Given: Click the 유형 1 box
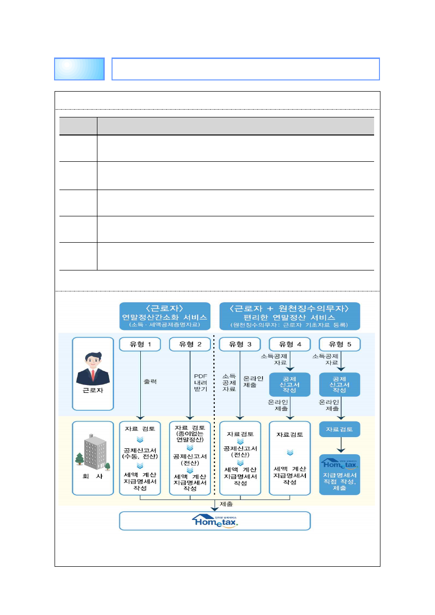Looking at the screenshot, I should pos(140,344).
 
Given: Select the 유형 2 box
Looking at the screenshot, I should pos(190,344).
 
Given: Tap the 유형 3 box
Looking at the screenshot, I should pos(240,344).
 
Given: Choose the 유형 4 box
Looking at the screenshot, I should pos(290,344).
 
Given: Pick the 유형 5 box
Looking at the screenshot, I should pos(340,344).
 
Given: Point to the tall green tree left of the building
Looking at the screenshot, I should pos(80,459).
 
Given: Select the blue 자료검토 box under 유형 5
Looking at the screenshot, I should pos(340,429).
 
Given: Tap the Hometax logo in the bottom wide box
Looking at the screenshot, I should pos(215,520).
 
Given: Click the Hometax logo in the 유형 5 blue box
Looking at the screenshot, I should pos(340,461).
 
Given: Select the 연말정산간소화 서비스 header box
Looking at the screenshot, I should pos(165,315).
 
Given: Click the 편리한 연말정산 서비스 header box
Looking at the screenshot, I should pos(289,315).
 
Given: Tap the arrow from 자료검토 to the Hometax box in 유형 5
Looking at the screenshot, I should pos(340,445).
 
